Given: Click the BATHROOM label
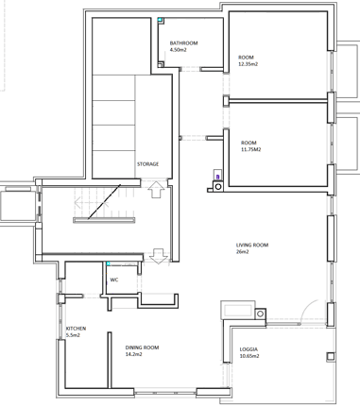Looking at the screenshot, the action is point(183,43).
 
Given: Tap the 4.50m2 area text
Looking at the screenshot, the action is point(179,50).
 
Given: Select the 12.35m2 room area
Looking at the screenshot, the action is point(249,64).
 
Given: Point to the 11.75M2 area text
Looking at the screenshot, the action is point(251,149).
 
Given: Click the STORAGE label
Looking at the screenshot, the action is point(147,164).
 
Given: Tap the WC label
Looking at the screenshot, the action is point(114,280).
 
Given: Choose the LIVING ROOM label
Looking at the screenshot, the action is point(252,245).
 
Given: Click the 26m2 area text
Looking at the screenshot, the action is point(243,251).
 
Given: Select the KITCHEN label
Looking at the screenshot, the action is point(76,329).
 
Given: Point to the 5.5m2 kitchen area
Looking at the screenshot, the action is point(73,335).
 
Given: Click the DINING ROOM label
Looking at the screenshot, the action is point(142,348).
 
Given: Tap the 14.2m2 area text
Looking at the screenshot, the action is point(133,354).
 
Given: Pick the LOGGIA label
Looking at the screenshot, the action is point(249,349).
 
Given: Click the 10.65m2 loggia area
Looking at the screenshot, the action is point(249,356).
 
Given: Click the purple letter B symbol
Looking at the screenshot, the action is point(217,178).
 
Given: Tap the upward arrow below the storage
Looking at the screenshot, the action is point(156,189).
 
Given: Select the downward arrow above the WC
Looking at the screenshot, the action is point(159,256).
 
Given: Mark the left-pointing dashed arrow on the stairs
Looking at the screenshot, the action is point(92,203).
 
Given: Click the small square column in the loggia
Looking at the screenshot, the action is point(331,356).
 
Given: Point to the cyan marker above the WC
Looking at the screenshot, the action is point(108,263).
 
